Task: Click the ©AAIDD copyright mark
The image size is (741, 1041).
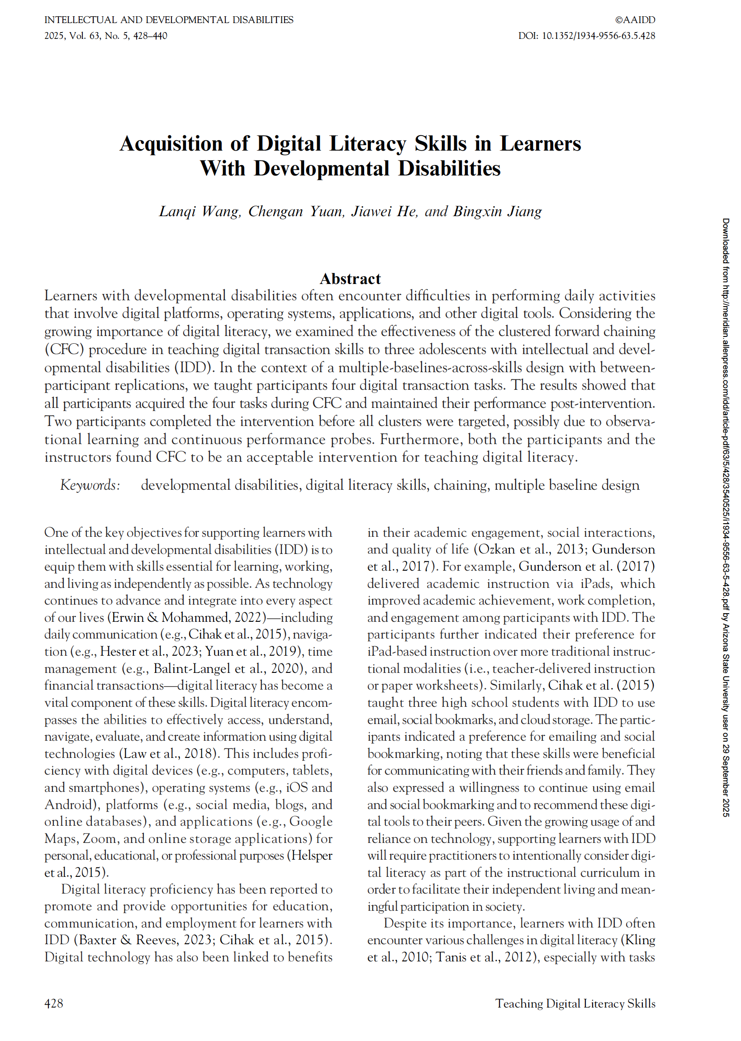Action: pos(635,20)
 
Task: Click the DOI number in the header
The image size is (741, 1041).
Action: pos(598,36)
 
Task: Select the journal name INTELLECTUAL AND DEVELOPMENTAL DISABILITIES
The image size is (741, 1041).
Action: pos(169,20)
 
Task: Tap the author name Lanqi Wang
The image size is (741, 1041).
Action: pos(199,212)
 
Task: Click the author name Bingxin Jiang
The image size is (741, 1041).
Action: pos(497,212)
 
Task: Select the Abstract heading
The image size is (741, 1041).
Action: pos(351,279)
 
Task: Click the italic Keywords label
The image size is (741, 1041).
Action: pos(90,485)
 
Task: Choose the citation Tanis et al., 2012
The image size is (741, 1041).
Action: pos(484,957)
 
